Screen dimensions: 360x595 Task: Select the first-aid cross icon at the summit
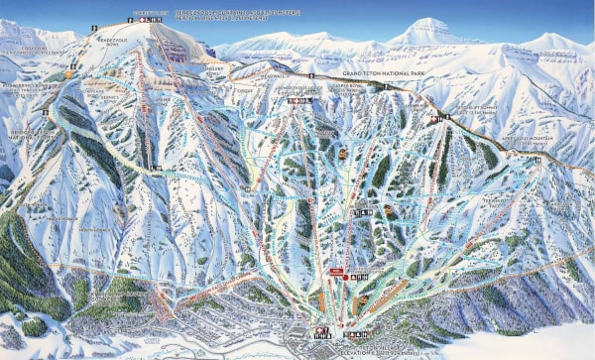click(x=144, y=20)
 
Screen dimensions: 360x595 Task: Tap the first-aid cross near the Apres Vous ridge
click(x=432, y=117)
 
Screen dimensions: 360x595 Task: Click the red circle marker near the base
click(x=344, y=277)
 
